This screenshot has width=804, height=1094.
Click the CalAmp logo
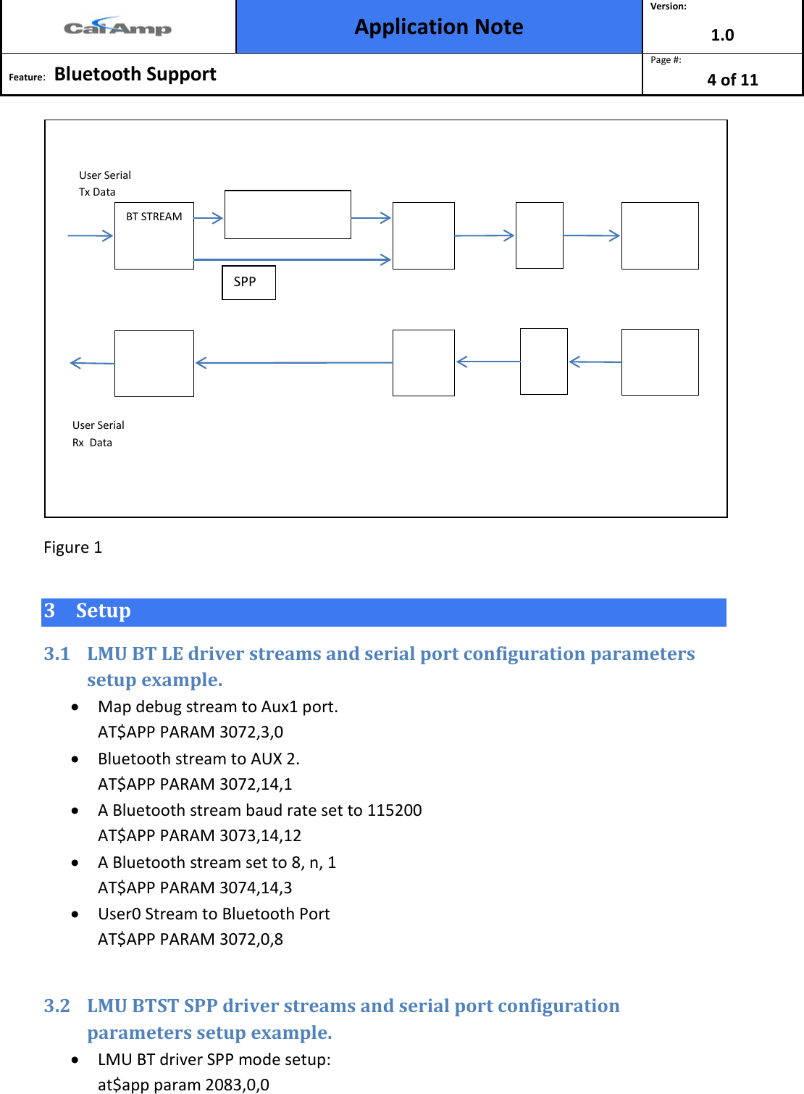[117, 28]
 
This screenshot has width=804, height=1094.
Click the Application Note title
[439, 27]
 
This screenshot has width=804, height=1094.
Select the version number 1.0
[722, 35]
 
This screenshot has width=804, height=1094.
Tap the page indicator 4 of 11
[732, 80]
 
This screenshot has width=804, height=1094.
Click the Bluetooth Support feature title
[135, 74]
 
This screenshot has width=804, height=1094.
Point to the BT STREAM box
[154, 235]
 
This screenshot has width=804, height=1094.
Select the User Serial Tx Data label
[104, 183]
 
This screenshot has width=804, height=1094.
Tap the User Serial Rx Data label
[98, 433]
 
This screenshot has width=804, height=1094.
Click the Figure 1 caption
[72, 547]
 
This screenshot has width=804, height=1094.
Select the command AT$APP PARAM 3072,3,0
[190, 732]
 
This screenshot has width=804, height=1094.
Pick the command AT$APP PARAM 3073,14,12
[199, 835]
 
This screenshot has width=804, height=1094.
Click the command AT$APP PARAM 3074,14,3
[195, 888]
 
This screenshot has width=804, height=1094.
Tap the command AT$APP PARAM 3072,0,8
[190, 939]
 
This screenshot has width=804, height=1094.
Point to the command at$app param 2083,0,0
[183, 1085]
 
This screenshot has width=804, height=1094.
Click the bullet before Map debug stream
[75, 707]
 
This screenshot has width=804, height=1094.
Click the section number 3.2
[56, 1006]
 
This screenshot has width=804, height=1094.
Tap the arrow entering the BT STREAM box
[90, 235]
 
